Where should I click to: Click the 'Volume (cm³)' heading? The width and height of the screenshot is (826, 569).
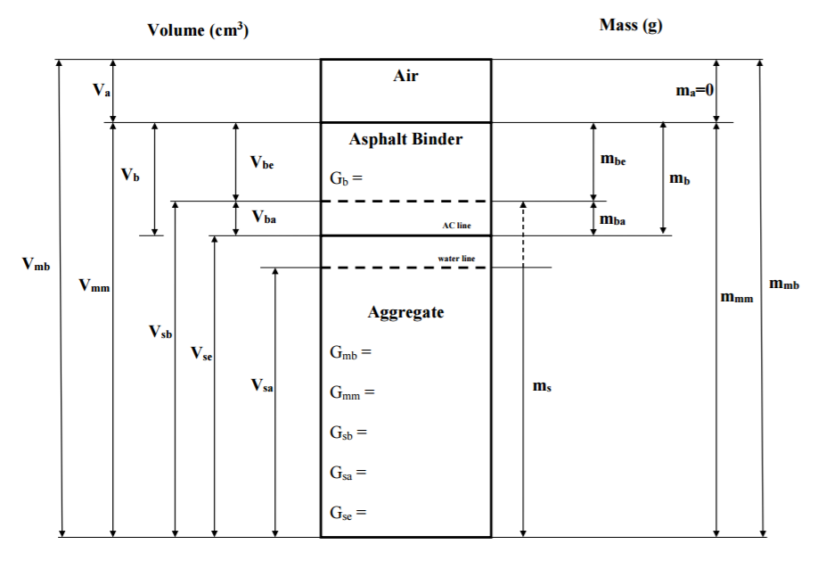pyautogui.click(x=198, y=30)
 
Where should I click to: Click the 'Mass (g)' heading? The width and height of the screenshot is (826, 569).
pyautogui.click(x=631, y=25)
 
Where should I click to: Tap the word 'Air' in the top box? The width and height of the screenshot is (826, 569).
pyautogui.click(x=405, y=76)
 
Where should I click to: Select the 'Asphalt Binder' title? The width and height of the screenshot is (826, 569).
pyautogui.click(x=405, y=139)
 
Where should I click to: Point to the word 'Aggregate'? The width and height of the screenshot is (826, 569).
pyautogui.click(x=405, y=312)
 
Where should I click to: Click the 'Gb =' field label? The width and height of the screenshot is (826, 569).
pyautogui.click(x=347, y=177)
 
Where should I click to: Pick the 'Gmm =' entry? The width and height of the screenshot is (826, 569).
pyautogui.click(x=352, y=392)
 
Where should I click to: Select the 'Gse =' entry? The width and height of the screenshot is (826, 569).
pyautogui.click(x=348, y=513)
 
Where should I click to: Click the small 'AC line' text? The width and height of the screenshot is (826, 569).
pyautogui.click(x=456, y=226)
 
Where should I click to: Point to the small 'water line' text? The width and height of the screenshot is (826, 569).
pyautogui.click(x=455, y=258)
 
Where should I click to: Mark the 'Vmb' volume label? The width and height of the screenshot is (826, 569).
pyautogui.click(x=36, y=265)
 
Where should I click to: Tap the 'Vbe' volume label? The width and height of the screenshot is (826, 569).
pyautogui.click(x=262, y=162)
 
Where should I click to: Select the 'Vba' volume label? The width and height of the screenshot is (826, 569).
pyautogui.click(x=264, y=217)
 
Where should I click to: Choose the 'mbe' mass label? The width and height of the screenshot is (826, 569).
pyautogui.click(x=613, y=160)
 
